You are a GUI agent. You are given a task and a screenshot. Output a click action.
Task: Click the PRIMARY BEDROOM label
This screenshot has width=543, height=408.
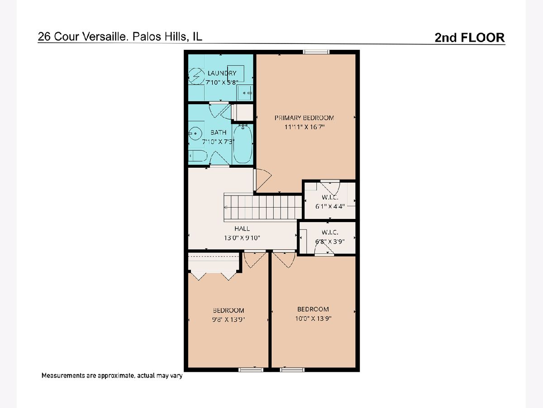(304, 118)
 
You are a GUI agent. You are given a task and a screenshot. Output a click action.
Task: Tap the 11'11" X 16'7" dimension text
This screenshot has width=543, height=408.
(304, 127)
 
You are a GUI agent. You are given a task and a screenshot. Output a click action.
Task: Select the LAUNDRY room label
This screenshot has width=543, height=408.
(222, 73)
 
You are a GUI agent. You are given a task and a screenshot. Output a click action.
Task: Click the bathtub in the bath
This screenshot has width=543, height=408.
(243, 144)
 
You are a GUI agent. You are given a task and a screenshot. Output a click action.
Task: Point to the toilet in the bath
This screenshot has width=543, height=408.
(198, 156)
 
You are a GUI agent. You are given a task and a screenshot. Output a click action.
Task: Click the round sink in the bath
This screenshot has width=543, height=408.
(195, 134)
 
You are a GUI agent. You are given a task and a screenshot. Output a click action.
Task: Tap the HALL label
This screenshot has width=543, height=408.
(242, 228)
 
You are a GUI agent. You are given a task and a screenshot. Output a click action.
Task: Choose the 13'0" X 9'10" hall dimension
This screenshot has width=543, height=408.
(242, 238)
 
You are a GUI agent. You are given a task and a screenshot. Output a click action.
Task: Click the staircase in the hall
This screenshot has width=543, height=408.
(263, 207)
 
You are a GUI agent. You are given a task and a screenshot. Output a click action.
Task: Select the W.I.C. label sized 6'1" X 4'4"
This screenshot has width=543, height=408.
(330, 198)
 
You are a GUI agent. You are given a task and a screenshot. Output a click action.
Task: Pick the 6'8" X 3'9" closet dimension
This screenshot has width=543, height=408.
(330, 241)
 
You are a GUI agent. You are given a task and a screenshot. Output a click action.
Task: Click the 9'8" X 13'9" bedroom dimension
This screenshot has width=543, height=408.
(229, 320)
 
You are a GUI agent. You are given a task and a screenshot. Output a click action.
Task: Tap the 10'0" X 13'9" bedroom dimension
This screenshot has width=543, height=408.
(313, 318)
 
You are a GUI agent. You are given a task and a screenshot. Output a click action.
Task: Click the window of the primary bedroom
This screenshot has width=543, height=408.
(316, 52)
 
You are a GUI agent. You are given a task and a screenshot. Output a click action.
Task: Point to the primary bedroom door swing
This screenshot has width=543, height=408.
(262, 180)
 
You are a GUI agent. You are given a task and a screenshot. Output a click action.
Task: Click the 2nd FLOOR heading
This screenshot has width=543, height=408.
(470, 38)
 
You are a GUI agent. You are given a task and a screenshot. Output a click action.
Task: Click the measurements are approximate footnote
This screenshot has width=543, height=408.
(112, 375)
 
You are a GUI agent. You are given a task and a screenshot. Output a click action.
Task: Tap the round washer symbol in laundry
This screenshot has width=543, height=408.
(196, 76)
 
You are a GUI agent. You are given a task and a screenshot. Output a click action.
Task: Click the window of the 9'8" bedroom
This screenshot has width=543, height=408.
(251, 370)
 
